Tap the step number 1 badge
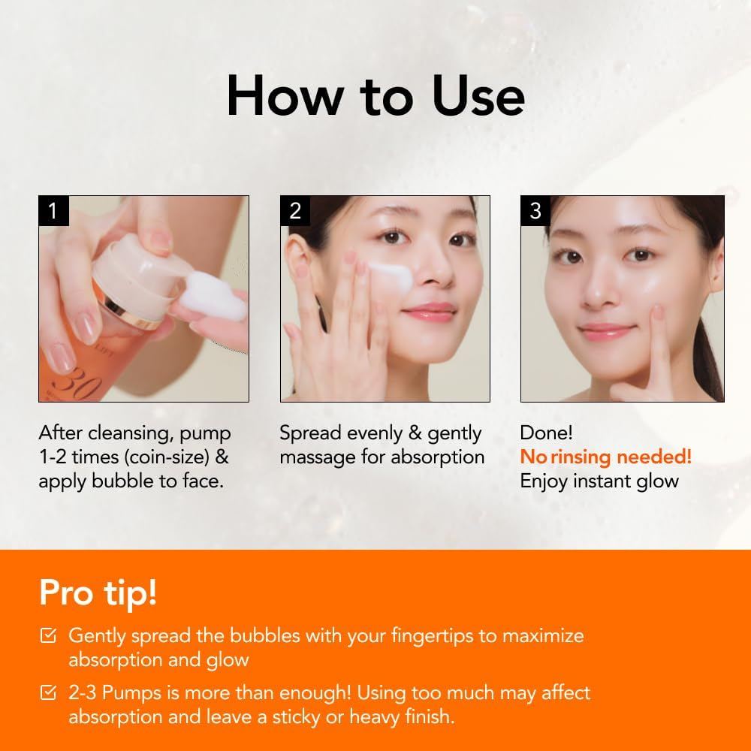coord(53,211)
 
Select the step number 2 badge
coord(295,211)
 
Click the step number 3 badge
coord(535,211)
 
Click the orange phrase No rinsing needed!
coord(605,457)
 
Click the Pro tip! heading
coord(98,592)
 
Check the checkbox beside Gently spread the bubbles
coord(47,635)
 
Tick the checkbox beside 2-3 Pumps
coord(47,692)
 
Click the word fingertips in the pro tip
coord(432,635)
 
